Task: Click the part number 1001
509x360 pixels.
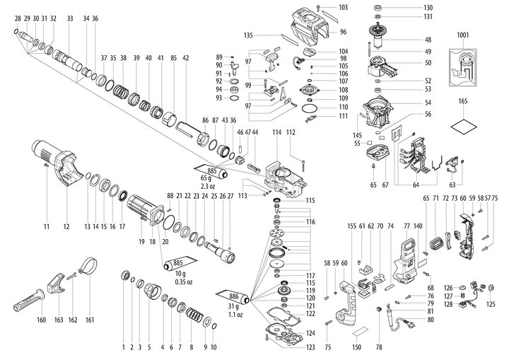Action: point(462,34)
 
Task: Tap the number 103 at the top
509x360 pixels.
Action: point(343,7)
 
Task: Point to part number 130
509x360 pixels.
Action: point(428,7)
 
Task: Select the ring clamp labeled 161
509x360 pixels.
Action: point(88,267)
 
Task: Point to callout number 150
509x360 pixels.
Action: point(357,347)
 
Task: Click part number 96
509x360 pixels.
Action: point(343,32)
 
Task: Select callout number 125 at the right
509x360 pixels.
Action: point(491,304)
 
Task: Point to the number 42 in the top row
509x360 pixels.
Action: point(185,57)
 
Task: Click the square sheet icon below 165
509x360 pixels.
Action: point(462,128)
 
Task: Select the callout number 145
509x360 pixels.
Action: point(358,135)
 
